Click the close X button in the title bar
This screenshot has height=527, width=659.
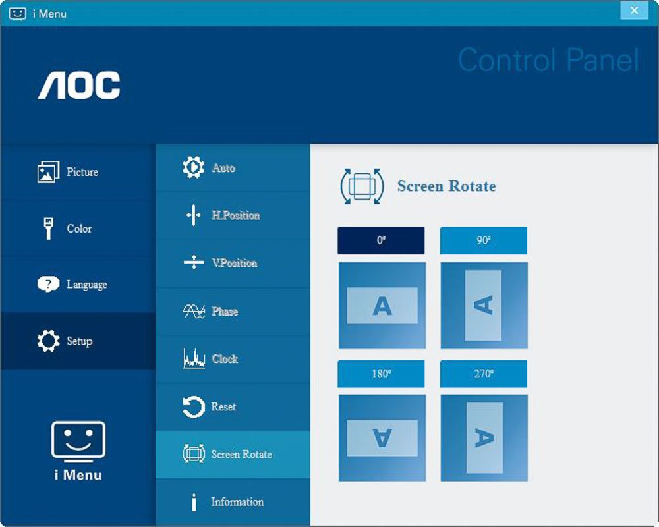634,10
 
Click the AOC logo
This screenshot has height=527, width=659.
79,86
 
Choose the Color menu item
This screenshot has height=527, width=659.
78,228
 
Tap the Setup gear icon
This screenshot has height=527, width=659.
48,341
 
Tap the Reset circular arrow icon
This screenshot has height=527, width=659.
193,407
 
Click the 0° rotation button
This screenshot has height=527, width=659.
381,240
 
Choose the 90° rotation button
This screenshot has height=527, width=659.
483,240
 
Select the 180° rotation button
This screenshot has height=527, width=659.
381,374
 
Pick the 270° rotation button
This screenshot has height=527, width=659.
483,374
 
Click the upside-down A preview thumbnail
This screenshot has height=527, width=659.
382,438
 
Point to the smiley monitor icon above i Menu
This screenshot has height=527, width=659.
78,441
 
